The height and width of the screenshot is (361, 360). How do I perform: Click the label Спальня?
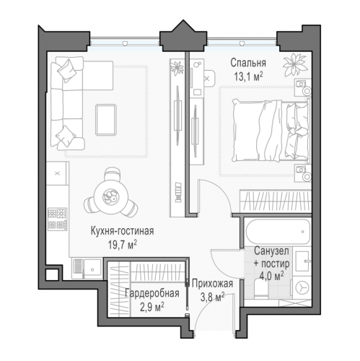[248, 63]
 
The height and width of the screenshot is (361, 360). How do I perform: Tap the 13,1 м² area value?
[248, 77]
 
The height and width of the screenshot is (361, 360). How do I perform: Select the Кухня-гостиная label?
[122, 231]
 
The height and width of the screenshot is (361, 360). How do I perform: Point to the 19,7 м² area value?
[122, 245]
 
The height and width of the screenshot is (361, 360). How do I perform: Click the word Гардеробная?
[152, 293]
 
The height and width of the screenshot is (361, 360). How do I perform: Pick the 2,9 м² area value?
[152, 307]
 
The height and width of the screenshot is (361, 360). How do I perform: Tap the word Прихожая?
[212, 284]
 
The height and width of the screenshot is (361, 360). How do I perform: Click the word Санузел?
[271, 251]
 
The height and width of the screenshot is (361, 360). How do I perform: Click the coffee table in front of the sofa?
[106, 120]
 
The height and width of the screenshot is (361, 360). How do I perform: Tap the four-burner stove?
[57, 219]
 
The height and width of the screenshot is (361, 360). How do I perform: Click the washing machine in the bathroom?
[302, 288]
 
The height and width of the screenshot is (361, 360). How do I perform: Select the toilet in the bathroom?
[260, 290]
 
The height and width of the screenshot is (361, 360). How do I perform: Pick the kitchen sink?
[92, 269]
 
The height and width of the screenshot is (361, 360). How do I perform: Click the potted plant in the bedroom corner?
[295, 64]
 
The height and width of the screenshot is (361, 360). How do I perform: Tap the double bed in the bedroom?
[271, 131]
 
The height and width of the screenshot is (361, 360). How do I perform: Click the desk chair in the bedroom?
[210, 79]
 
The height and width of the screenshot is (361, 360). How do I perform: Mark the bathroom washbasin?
[302, 261]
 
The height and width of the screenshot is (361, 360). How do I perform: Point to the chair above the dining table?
[113, 175]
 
